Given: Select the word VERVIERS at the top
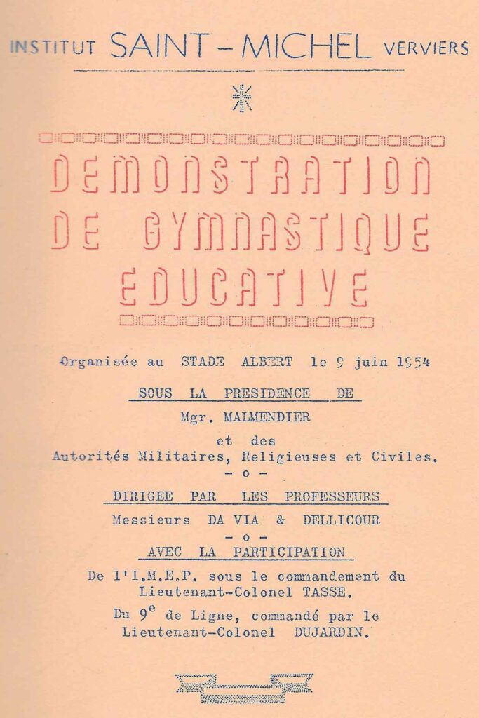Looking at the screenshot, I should click(426, 48).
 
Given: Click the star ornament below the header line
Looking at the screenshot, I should click(242, 97).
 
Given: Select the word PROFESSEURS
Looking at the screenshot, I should click(332, 496).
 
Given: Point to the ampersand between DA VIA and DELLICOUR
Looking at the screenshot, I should click(284, 520).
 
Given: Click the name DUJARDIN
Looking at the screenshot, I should click(331, 632).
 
